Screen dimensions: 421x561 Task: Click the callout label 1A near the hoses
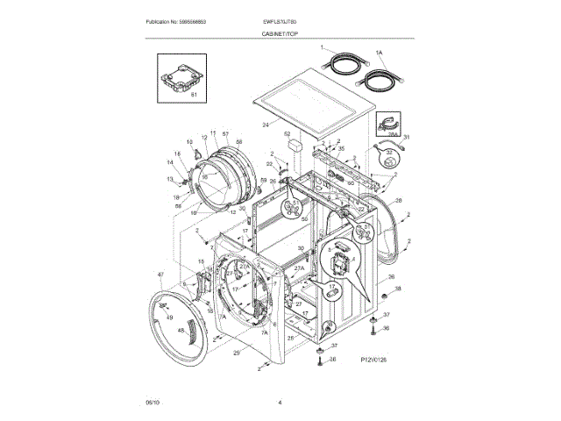point(379,53)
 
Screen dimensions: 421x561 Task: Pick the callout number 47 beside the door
point(160,275)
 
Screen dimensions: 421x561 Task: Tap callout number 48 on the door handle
point(181,331)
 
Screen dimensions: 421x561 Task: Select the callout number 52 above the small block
point(286,133)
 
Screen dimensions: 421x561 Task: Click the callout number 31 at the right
point(406,138)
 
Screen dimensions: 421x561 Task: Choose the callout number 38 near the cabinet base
point(397,289)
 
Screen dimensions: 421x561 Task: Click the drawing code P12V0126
point(374,360)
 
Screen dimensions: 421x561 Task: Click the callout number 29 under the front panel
point(236,353)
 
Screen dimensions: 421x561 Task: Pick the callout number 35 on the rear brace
point(341,149)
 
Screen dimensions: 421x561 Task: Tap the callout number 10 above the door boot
point(188,141)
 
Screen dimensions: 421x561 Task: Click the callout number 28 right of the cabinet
point(399,202)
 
